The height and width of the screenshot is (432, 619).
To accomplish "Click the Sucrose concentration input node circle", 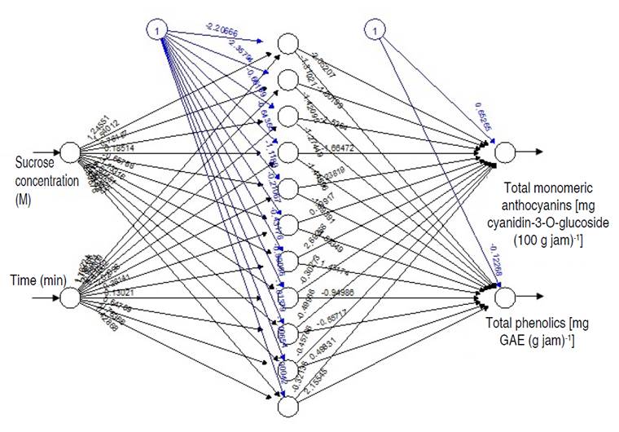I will click(69, 152).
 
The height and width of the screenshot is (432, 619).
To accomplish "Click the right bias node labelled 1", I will click(374, 30).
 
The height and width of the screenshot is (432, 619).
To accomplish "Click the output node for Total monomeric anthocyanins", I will click(504, 152).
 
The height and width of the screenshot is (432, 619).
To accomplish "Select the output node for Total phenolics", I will click(504, 297).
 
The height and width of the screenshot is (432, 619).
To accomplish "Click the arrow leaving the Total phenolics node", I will click(529, 297).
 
